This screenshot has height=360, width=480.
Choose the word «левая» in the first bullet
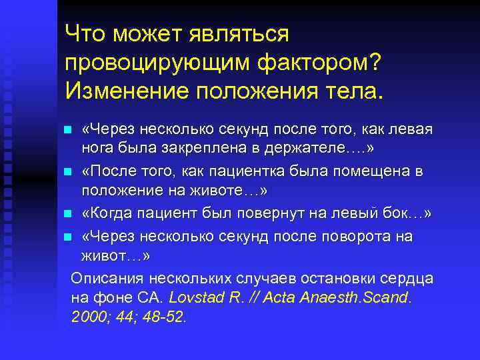(409, 129)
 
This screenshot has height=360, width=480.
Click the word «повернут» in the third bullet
(289, 214)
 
